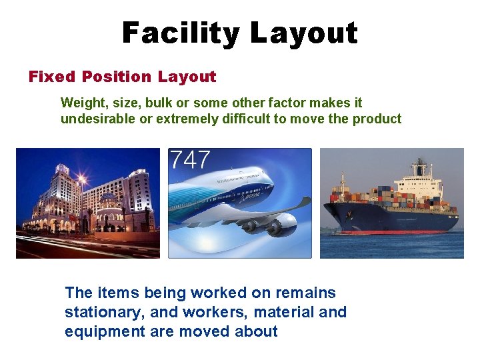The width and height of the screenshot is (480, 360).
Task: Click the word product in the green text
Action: (x=377, y=119)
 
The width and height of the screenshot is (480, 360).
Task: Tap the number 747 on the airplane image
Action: (x=190, y=161)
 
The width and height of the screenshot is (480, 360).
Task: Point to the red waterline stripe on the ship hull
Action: (x=393, y=232)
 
